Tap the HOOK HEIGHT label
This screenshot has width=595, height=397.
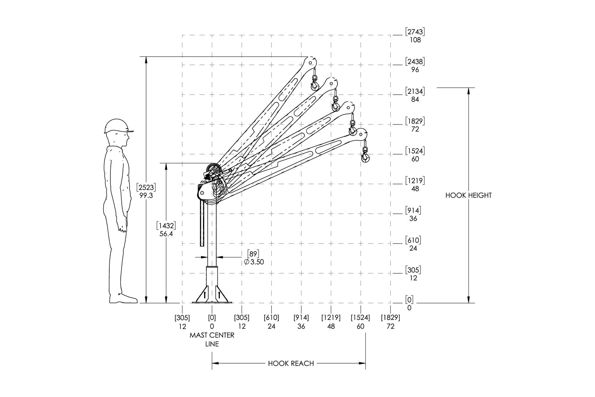468,195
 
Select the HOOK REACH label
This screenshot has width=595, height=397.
291,363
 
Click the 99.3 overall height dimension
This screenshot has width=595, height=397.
146,196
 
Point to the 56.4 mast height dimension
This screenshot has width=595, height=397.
166,234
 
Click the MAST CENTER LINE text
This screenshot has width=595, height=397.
212,339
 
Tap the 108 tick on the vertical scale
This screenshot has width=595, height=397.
415,40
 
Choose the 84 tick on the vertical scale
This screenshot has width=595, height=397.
415,100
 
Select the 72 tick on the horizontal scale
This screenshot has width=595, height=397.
390,326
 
